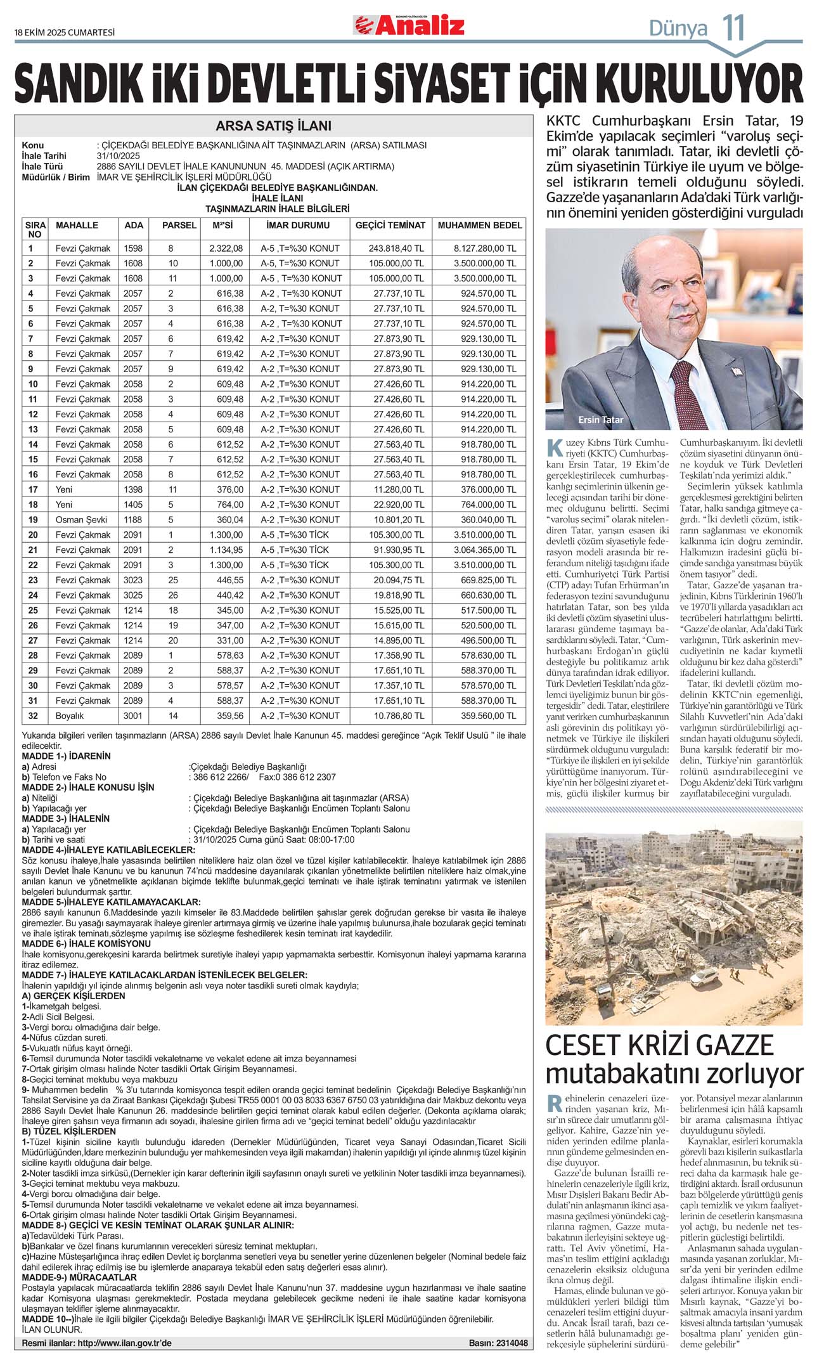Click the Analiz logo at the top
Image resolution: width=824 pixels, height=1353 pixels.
tap(409, 25)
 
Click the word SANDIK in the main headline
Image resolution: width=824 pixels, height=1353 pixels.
tap(79, 84)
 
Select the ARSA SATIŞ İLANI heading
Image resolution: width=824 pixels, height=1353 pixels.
tap(273, 126)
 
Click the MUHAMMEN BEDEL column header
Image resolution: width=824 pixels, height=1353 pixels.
tap(480, 225)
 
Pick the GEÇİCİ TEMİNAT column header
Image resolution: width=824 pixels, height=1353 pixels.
tap(390, 225)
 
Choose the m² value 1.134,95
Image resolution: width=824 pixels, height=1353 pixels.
tap(226, 550)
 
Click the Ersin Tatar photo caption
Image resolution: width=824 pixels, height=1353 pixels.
tap(600, 420)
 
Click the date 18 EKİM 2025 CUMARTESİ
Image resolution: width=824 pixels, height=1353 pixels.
tap(65, 32)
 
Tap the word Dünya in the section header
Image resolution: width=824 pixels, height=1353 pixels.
tap(678, 29)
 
